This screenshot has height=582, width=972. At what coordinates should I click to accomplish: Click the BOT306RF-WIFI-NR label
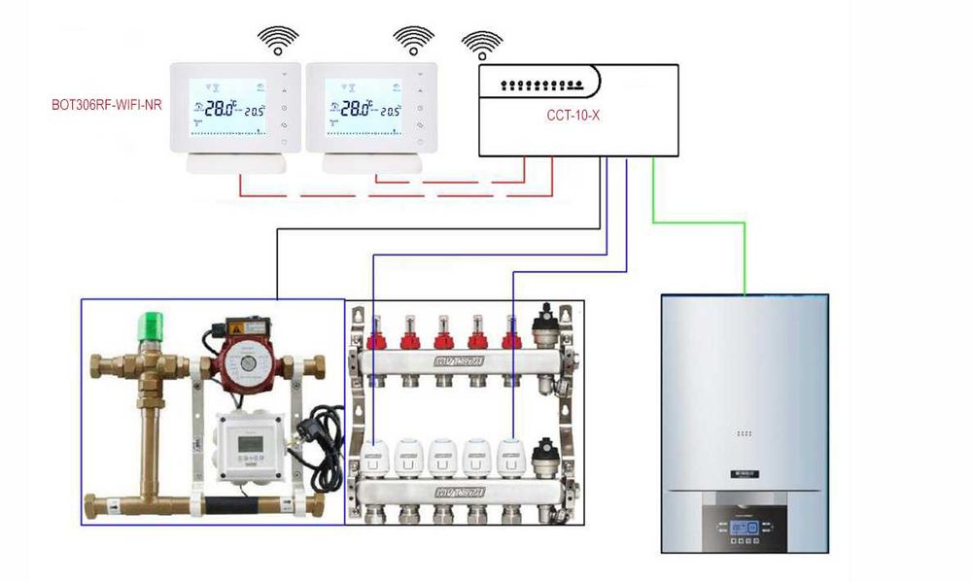[x=107, y=104]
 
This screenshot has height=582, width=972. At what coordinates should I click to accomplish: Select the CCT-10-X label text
[x=573, y=115]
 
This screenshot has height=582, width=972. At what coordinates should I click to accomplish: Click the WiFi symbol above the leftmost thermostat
[x=278, y=41]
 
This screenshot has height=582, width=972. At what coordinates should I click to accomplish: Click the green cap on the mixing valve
[x=152, y=325]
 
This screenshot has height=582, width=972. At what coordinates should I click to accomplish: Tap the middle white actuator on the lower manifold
[x=443, y=454]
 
